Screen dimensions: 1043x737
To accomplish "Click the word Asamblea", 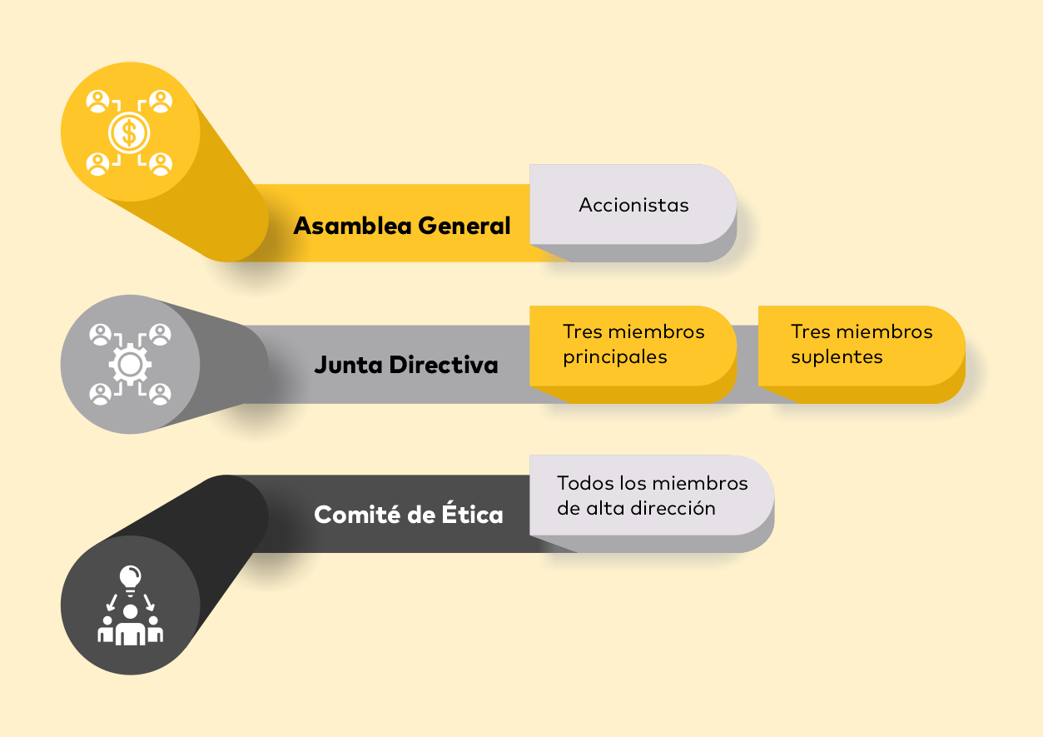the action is (x=352, y=226).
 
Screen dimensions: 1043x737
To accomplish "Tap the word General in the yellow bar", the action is (x=464, y=226).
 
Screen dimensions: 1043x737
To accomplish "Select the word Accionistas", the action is (x=633, y=205).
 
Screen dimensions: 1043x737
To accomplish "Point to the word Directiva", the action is (x=444, y=365).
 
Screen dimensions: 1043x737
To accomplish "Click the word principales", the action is (x=615, y=357).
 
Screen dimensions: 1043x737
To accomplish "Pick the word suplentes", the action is (x=837, y=357).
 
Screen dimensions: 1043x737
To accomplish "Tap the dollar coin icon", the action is (x=129, y=132).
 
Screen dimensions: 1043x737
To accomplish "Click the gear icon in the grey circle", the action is (x=130, y=364).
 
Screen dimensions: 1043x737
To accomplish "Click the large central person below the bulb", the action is (x=131, y=625).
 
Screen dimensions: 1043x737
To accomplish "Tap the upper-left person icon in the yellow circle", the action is (x=97, y=102).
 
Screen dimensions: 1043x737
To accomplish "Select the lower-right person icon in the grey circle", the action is (x=160, y=394).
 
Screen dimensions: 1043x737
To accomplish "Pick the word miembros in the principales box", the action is (x=657, y=331).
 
